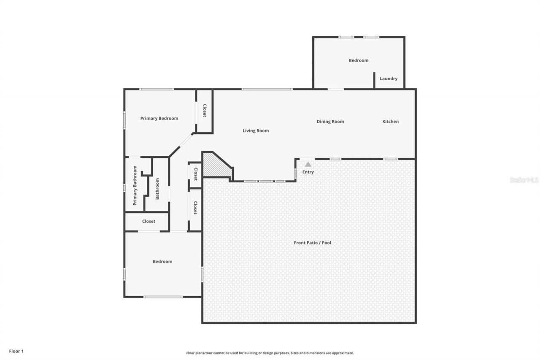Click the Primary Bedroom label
pyautogui.click(x=159, y=119)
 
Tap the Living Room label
pyautogui.click(x=256, y=131)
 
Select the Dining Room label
pyautogui.click(x=330, y=122)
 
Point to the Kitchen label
pyautogui.click(x=390, y=122)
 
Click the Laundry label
pyautogui.click(x=388, y=78)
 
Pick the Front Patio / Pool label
pyautogui.click(x=312, y=243)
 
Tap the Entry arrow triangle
pyautogui.click(x=308, y=164)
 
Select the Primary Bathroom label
pyautogui.click(x=135, y=185)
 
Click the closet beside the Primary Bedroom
pyautogui.click(x=205, y=111)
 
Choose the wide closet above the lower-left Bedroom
pyautogui.click(x=148, y=221)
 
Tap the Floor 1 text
pyautogui.click(x=16, y=351)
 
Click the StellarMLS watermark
pyautogui.click(x=524, y=180)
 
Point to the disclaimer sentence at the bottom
pyautogui.click(x=270, y=353)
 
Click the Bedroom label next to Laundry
pyautogui.click(x=358, y=60)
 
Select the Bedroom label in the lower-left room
pyautogui.click(x=162, y=262)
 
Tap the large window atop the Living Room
pyautogui.click(x=267, y=89)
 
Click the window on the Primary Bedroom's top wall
pyautogui.click(x=156, y=89)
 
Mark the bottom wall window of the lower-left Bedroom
pyautogui.click(x=163, y=297)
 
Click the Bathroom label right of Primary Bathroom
pyautogui.click(x=157, y=189)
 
